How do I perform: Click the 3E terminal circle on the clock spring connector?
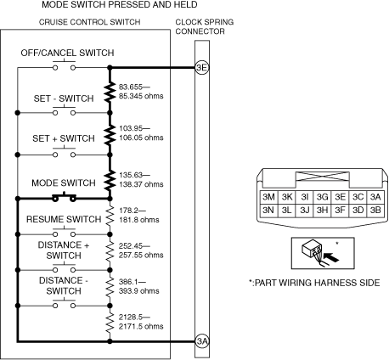[202, 68]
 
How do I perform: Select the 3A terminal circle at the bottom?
[202, 341]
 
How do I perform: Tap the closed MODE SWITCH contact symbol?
[64, 197]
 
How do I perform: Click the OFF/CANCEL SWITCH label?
[67, 53]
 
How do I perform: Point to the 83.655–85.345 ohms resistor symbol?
[110, 92]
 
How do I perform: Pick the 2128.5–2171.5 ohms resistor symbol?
[110, 323]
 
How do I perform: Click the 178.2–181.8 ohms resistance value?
[139, 215]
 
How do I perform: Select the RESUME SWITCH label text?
[64, 219]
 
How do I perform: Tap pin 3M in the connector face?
[268, 197]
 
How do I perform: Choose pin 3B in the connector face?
[375, 211]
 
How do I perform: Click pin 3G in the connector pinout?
[322, 197]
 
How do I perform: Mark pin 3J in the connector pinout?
[304, 211]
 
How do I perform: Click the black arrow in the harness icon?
[331, 258]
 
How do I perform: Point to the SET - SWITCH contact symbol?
[65, 111]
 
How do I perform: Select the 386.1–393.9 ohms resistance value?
[139, 286]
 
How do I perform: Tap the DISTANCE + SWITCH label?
[64, 250]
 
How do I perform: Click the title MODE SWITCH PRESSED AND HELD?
[120, 4]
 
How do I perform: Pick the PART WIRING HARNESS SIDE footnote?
[314, 283]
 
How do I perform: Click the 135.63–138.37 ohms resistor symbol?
[110, 180]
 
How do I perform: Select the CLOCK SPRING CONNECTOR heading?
[205, 26]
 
